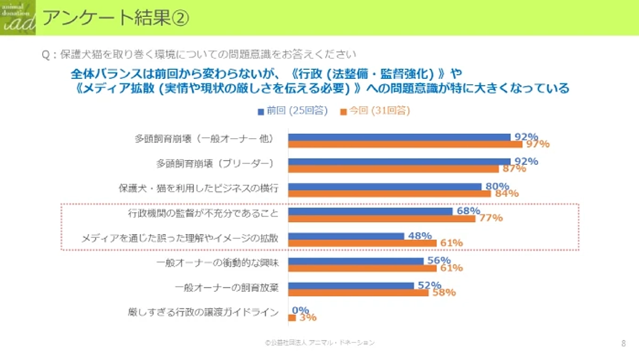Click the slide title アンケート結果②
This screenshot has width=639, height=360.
(x=115, y=18)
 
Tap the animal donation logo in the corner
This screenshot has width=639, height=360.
(x=18, y=18)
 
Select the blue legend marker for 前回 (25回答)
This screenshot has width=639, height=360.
(x=261, y=111)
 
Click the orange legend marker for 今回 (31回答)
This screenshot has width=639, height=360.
(x=344, y=111)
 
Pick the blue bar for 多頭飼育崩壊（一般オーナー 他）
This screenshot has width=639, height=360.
(x=399, y=137)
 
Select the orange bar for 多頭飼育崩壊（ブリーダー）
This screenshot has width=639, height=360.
(x=393, y=169)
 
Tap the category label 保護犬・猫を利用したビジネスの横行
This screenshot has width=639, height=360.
(x=198, y=188)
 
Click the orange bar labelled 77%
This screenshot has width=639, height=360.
(x=382, y=219)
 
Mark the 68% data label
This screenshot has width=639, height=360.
(x=468, y=211)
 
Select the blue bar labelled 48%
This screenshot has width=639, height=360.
(x=346, y=236)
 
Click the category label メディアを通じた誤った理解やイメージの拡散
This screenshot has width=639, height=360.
(x=180, y=238)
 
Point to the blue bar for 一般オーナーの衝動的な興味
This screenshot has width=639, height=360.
(x=355, y=261)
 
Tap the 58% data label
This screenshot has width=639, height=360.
(x=443, y=293)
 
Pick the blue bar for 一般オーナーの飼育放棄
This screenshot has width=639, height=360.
(x=351, y=286)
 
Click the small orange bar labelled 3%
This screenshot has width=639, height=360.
(x=292, y=318)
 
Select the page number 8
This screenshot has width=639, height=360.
(x=624, y=343)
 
